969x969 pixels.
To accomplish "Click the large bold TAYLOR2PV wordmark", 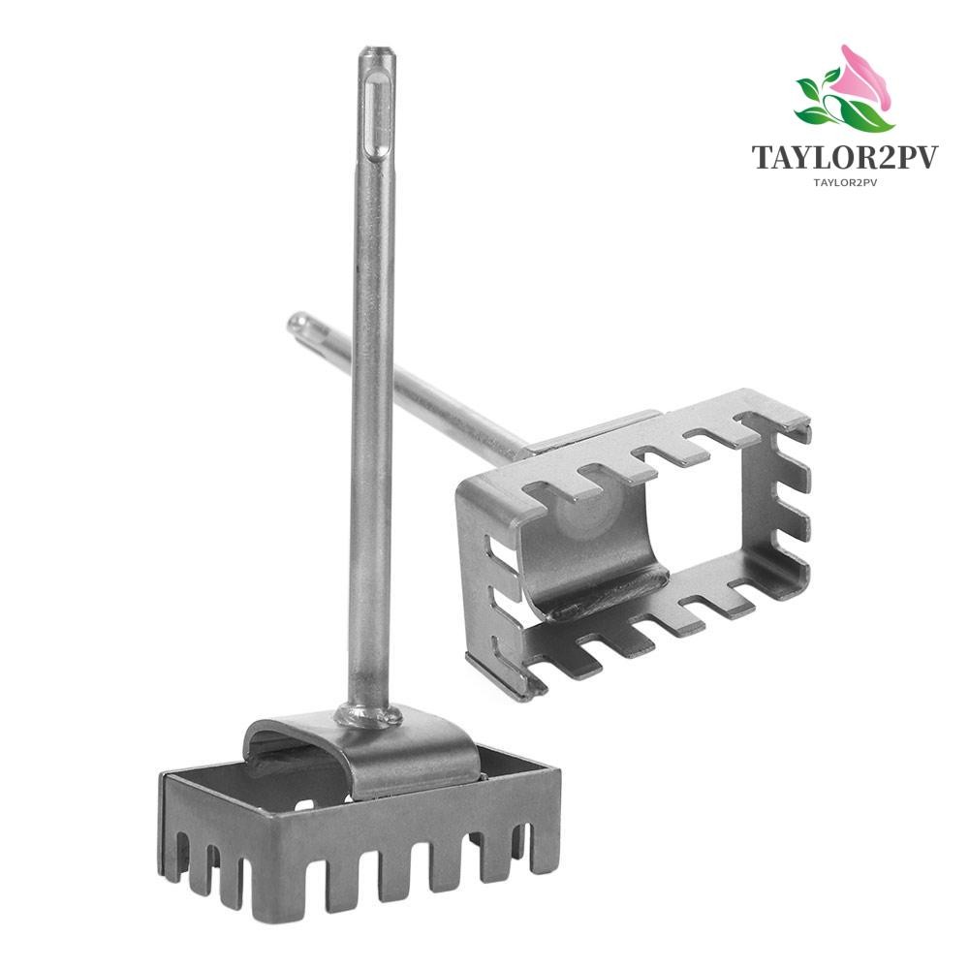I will pos(846,158).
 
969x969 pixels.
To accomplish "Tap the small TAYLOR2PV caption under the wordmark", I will pos(846,181).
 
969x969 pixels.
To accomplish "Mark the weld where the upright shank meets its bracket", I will pos(369,715).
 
